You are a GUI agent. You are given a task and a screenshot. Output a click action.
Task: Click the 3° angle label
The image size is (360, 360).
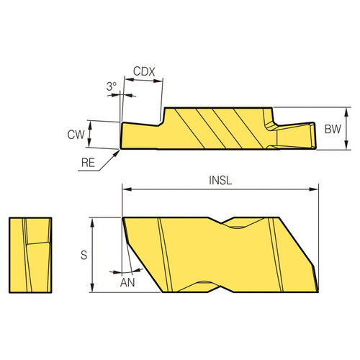click(x=111, y=86)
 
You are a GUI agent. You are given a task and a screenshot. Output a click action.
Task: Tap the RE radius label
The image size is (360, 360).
click(x=88, y=163)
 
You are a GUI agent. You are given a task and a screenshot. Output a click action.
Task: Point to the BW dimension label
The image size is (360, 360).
click(x=332, y=130)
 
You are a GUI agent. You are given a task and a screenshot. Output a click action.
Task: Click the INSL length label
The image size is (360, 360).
click(x=220, y=181)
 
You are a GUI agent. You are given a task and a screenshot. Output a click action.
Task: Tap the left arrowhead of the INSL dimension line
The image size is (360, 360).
click(x=126, y=190)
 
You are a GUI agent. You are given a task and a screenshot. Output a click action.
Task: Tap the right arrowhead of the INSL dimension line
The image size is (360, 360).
click(x=314, y=190)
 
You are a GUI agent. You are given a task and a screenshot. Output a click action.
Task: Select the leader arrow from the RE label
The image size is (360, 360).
click(x=117, y=150)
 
